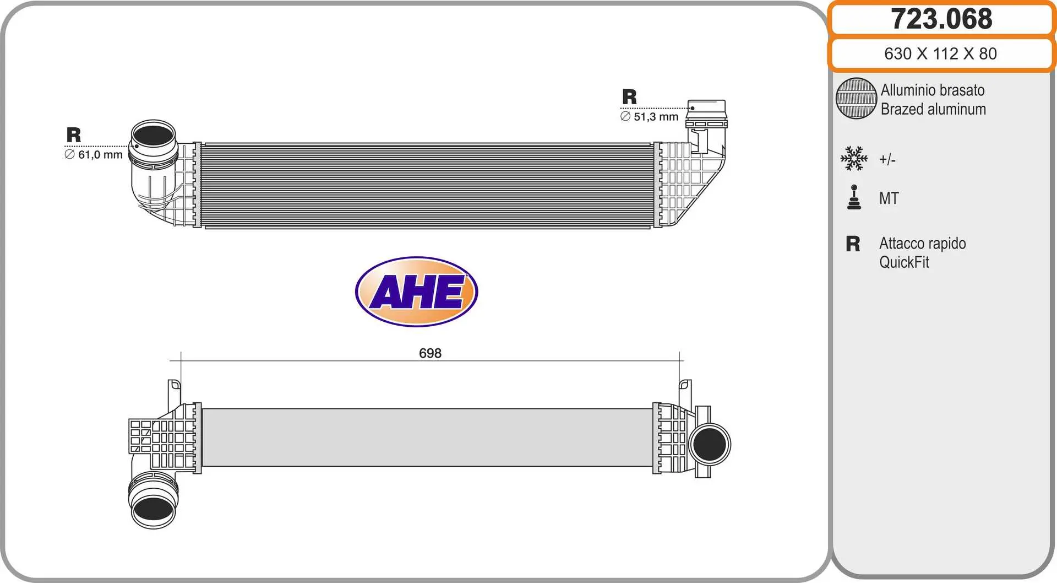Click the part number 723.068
coord(941,19)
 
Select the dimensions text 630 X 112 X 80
coord(940,53)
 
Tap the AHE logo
coord(417,291)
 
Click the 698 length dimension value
coord(430,353)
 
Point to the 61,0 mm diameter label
coord(94,155)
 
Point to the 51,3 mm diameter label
coord(649,117)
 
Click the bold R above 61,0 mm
coord(74,135)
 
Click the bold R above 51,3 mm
coord(629,97)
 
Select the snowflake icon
coord(854,159)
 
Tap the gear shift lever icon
coord(854,197)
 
